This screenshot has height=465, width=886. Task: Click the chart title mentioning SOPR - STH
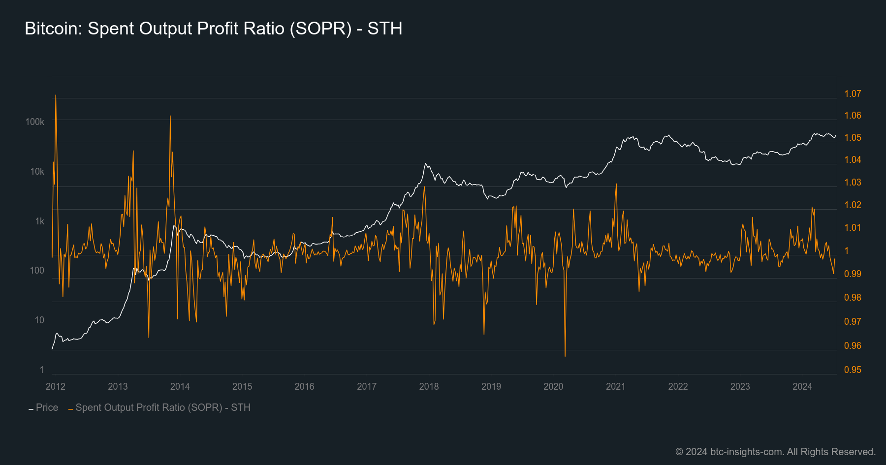click(213, 29)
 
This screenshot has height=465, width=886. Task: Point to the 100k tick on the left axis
click(34, 122)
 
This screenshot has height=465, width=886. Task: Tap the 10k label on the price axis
click(37, 171)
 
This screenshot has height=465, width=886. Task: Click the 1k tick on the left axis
click(39, 221)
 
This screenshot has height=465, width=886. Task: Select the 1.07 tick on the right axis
click(853, 93)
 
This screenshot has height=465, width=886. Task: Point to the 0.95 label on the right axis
click(853, 370)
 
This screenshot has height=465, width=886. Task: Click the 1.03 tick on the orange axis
click(853, 182)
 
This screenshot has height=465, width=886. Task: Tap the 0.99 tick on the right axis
click(853, 274)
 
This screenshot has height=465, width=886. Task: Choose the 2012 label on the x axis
click(56, 386)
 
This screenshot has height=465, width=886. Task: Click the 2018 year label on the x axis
click(429, 386)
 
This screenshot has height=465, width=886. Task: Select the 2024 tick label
click(802, 386)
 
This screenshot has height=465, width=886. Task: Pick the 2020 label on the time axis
click(553, 386)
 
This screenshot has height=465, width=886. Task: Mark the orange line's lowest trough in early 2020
click(565, 355)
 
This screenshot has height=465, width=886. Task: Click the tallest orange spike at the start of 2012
click(56, 95)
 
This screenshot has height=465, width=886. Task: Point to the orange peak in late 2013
click(170, 117)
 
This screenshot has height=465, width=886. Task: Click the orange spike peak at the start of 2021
click(616, 185)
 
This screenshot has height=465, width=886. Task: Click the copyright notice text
click(775, 452)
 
